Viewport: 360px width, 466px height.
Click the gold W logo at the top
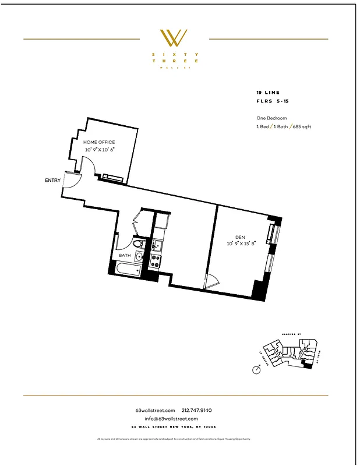click(x=174, y=38)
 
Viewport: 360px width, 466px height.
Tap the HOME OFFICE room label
click(x=99, y=142)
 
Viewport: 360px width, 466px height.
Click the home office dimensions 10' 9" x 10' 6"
click(x=100, y=150)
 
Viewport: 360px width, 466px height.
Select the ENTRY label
click(x=52, y=181)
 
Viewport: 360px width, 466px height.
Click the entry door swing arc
click(x=69, y=182)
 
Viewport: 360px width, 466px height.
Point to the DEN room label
click(x=239, y=237)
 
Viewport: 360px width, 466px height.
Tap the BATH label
click(x=125, y=255)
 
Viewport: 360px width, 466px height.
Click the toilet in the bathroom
click(x=138, y=245)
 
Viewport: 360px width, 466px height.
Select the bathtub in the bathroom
click(x=127, y=269)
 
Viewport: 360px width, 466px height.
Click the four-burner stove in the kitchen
click(x=156, y=261)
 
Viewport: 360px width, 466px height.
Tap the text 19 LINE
click(x=267, y=93)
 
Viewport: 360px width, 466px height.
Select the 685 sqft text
click(x=301, y=126)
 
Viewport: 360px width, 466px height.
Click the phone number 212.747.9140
click(x=200, y=410)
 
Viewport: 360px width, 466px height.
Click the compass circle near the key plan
click(x=256, y=370)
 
